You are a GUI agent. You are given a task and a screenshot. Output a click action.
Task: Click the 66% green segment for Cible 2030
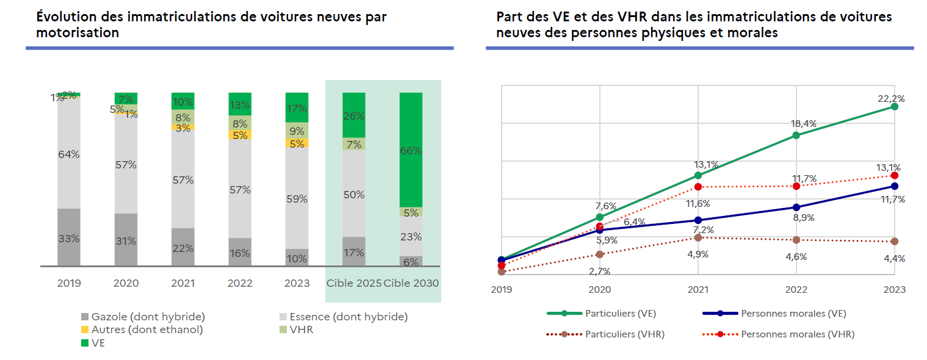click(x=411, y=150)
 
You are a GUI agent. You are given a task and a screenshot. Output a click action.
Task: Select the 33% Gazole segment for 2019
click(x=69, y=238)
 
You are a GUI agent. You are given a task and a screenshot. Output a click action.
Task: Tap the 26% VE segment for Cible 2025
click(x=354, y=115)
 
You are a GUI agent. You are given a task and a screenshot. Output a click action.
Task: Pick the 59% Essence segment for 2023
click(x=297, y=198)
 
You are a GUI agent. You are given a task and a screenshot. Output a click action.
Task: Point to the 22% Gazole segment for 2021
click(x=183, y=248)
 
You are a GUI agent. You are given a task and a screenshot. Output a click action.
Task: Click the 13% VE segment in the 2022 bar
click(x=240, y=104)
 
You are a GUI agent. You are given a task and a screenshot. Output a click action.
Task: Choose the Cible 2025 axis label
click(x=354, y=284)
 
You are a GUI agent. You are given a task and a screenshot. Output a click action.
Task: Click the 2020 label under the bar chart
click(x=126, y=284)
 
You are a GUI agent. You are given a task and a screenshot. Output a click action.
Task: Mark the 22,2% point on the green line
click(x=895, y=107)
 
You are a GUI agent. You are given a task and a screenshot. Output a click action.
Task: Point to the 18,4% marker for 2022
click(x=796, y=135)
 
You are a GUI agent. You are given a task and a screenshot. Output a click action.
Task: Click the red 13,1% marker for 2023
click(x=895, y=176)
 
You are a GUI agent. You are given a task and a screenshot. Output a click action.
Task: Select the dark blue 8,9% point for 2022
click(x=796, y=207)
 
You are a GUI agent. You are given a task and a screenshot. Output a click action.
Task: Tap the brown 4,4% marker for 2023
click(x=895, y=242)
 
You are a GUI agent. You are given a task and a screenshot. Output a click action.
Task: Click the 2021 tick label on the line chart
click(x=698, y=290)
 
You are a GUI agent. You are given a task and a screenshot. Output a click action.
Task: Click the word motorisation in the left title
click(x=78, y=33)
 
